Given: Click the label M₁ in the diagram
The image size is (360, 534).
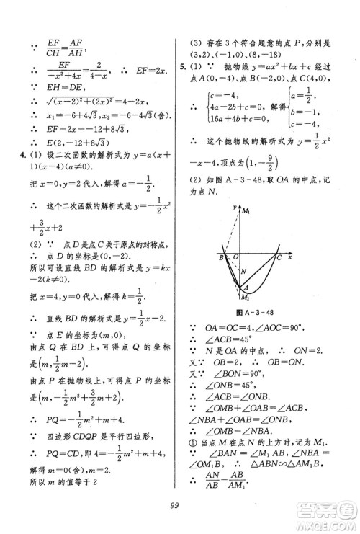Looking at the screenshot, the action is (247, 210).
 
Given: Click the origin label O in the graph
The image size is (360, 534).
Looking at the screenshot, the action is (232, 257).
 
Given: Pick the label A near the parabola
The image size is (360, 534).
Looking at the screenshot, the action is (246, 285).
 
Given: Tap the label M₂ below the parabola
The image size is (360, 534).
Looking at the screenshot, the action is (247, 297).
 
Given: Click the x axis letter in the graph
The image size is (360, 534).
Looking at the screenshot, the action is (289, 257).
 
